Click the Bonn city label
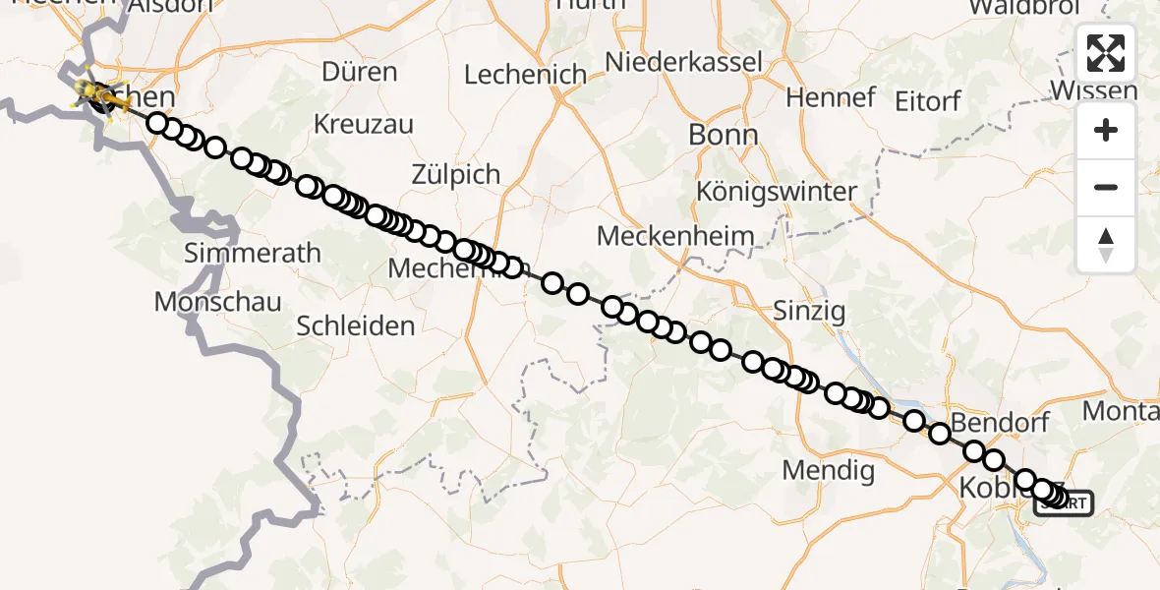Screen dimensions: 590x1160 (723, 135)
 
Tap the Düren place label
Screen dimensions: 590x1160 (360, 72)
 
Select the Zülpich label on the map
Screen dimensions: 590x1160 (455, 174)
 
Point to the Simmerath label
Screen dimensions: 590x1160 (254, 253)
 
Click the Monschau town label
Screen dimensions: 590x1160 (218, 302)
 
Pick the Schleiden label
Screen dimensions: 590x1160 (356, 325)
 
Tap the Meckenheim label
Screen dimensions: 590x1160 (676, 237)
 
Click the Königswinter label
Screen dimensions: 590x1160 (777, 191)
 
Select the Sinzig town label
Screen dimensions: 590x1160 (809, 312)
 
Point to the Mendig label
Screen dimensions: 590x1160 (829, 470)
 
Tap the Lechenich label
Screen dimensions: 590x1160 (525, 75)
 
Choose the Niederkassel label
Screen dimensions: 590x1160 (684, 62)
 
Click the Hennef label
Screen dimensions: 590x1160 (831, 97)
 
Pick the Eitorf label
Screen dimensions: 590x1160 (927, 100)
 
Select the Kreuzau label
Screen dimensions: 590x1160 (364, 125)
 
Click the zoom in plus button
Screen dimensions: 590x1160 (1106, 130)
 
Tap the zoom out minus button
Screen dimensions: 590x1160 (1106, 187)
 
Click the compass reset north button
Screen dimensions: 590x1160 (1106, 245)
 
